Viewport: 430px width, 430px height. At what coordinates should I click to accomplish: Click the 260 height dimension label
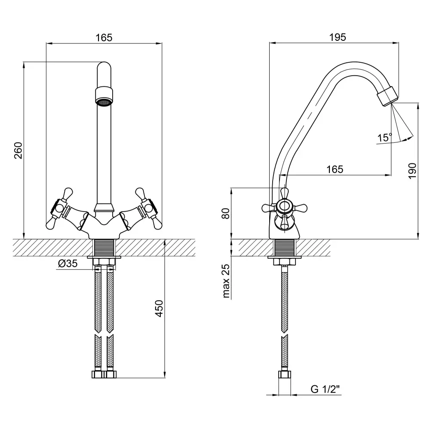(x=18, y=150)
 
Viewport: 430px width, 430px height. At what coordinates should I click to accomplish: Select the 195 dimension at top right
(x=338, y=37)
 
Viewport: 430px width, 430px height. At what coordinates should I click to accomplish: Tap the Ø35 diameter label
(x=68, y=264)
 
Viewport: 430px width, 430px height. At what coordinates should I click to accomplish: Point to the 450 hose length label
(x=159, y=308)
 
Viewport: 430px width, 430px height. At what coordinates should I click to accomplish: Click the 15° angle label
(x=384, y=138)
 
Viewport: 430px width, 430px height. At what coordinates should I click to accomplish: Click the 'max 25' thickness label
(x=225, y=282)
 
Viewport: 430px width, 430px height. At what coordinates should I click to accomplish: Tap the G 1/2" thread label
(x=325, y=390)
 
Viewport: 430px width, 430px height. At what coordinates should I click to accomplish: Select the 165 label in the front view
(x=104, y=37)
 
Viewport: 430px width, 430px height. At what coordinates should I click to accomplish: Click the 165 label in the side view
(x=335, y=169)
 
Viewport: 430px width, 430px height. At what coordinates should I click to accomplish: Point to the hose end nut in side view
(x=284, y=374)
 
